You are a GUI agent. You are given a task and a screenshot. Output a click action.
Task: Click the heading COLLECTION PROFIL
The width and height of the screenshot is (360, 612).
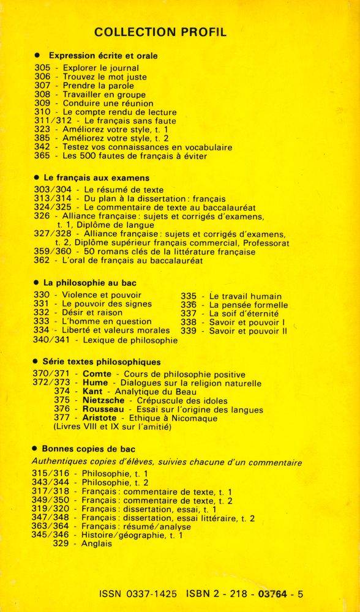[x=161, y=32]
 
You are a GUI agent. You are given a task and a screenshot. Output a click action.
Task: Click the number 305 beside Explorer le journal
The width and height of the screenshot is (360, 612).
[x=42, y=68]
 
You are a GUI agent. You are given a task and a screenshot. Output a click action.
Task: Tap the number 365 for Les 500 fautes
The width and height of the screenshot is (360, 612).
[x=42, y=156]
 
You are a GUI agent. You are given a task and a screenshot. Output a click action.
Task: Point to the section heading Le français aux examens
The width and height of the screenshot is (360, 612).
[x=96, y=177]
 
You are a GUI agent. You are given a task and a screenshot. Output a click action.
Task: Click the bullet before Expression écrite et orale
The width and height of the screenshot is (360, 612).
[x=38, y=56]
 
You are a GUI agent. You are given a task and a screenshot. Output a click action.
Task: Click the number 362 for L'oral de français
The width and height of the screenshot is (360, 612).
[x=42, y=261]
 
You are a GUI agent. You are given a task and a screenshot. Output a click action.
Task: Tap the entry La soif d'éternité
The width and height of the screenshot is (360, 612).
[x=244, y=313]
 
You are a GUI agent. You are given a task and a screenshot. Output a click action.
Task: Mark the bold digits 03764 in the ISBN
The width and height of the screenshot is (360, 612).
[x=274, y=594]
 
